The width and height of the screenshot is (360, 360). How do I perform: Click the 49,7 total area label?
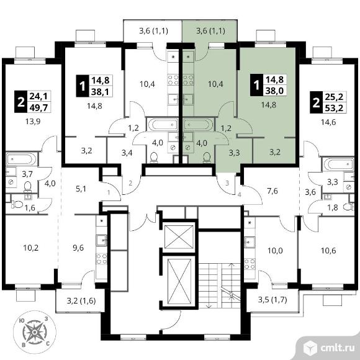[39, 107]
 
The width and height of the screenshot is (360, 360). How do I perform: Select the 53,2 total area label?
[334, 108]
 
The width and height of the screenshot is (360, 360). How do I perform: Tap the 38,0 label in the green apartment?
[274, 91]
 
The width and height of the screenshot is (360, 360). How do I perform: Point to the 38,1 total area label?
[101, 92]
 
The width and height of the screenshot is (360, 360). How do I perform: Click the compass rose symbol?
[35, 332]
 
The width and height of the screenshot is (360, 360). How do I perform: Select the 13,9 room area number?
[33, 122]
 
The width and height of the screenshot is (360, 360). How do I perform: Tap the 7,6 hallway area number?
[272, 191]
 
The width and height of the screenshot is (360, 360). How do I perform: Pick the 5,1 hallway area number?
[81, 189]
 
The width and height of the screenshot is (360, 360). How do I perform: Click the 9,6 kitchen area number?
[78, 248]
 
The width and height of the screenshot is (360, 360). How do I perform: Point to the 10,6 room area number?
[328, 251]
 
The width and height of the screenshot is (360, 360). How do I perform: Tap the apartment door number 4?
[240, 195]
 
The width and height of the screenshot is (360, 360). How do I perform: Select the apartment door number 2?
[130, 183]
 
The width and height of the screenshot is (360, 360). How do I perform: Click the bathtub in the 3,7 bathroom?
[21, 159]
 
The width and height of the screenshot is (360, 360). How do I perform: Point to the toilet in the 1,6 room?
[17, 204]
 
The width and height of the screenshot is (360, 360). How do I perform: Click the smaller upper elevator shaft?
[179, 236]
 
